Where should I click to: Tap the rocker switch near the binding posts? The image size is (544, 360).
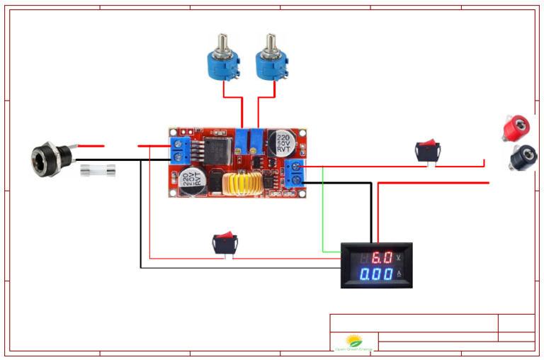[x=427, y=150]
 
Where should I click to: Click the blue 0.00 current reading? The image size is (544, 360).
[x=376, y=274]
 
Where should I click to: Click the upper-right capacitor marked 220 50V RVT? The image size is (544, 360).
[x=282, y=143]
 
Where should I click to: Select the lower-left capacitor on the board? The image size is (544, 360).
[x=193, y=178]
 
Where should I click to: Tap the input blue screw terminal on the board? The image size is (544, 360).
[x=179, y=151]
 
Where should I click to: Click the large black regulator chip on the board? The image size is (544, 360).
[x=216, y=150]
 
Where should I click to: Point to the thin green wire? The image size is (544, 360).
[x=323, y=213]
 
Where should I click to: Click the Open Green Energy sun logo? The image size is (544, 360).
[x=353, y=341]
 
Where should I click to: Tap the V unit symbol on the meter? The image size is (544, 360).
[x=402, y=257]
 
